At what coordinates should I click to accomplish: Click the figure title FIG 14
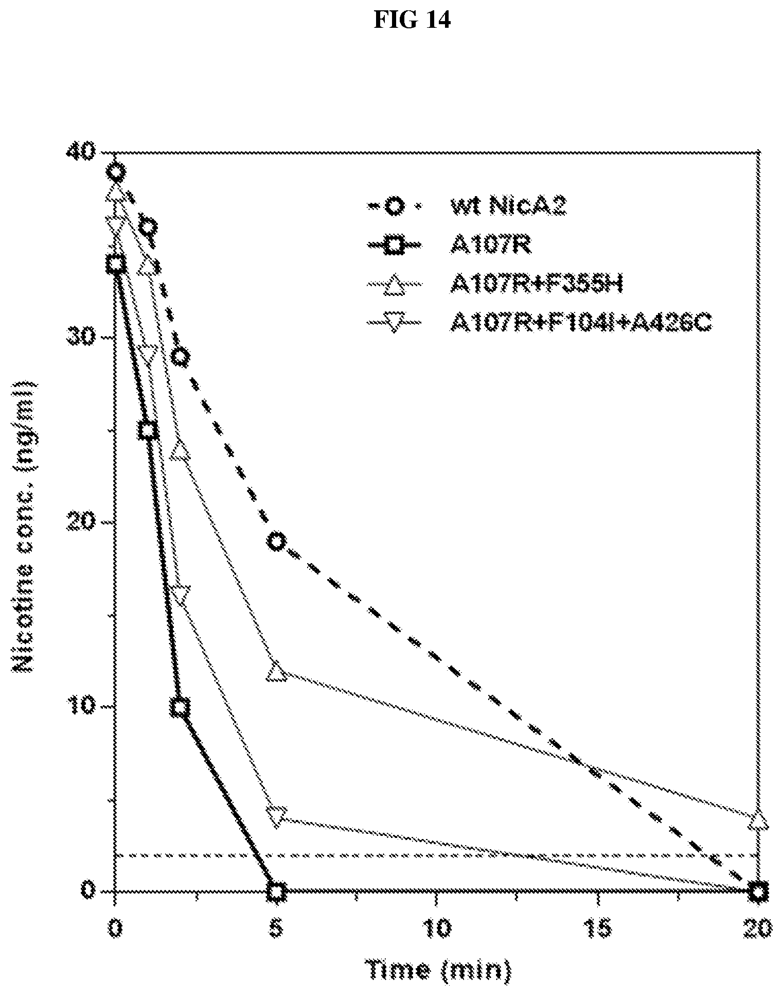[x=412, y=20]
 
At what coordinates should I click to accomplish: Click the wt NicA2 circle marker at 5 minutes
[x=277, y=541]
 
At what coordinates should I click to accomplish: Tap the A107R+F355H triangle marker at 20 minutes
[x=758, y=821]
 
